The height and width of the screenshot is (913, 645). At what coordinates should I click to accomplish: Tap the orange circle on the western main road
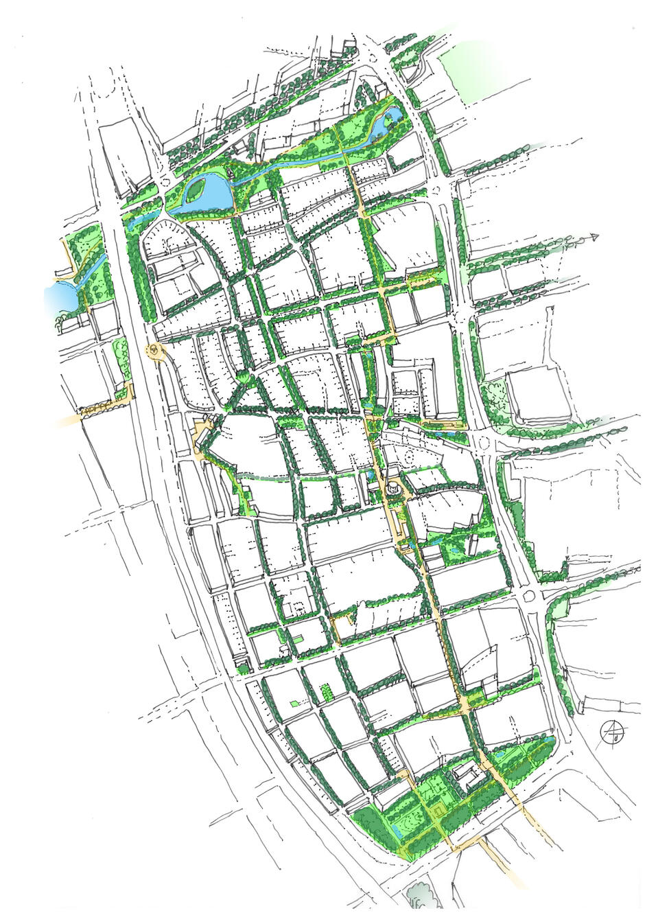156,351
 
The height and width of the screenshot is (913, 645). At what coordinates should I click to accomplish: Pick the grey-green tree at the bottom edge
419,896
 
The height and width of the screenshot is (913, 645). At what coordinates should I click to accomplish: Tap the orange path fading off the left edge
75,417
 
